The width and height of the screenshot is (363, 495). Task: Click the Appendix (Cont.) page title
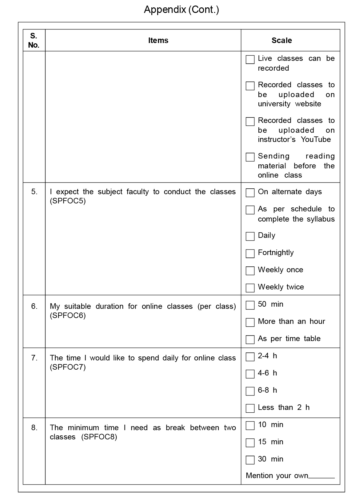click(181, 10)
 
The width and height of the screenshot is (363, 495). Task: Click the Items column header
click(158, 40)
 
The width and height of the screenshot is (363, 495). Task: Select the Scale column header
click(281, 40)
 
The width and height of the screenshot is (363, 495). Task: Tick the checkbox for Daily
click(250, 236)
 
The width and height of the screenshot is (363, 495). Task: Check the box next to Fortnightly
click(250, 253)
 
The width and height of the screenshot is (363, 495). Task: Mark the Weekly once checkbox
click(250, 271)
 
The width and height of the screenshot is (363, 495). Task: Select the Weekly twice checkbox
click(250, 288)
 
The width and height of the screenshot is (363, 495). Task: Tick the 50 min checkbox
click(250, 305)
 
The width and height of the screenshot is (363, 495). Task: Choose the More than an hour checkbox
click(250, 322)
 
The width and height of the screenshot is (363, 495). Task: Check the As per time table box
click(250, 340)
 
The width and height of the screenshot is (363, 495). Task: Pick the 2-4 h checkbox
click(250, 357)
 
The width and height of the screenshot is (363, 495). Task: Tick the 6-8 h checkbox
click(250, 391)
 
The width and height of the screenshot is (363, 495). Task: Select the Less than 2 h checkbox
click(250, 408)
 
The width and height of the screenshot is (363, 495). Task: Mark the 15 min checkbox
click(250, 443)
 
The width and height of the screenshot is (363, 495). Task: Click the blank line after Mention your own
click(321, 476)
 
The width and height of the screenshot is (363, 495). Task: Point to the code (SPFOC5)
click(68, 201)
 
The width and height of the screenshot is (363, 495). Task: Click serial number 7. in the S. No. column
click(34, 358)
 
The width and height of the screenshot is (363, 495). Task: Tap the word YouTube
click(316, 139)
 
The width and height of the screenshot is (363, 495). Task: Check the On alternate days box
click(250, 193)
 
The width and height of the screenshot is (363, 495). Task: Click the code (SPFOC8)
click(99, 437)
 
